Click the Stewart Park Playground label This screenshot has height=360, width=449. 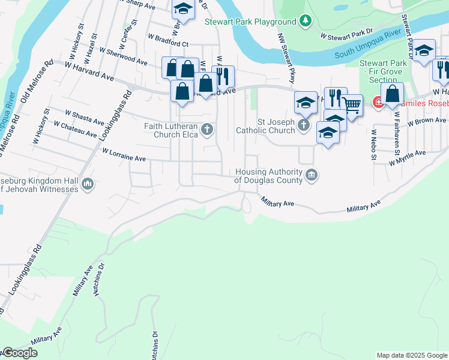click(250, 22)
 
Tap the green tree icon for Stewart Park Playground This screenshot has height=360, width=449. click(306, 22)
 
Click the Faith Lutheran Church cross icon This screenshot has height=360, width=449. click(207, 130)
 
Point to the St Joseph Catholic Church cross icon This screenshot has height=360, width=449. click(304, 125)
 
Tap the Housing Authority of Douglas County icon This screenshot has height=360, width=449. click(312, 175)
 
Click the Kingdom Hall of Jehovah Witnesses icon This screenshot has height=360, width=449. click(88, 184)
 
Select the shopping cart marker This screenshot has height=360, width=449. click(352, 106)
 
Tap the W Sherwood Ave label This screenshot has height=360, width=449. click(124, 57)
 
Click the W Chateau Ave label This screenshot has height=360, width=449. click(75, 129)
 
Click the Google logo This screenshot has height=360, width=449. click(19, 353)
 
